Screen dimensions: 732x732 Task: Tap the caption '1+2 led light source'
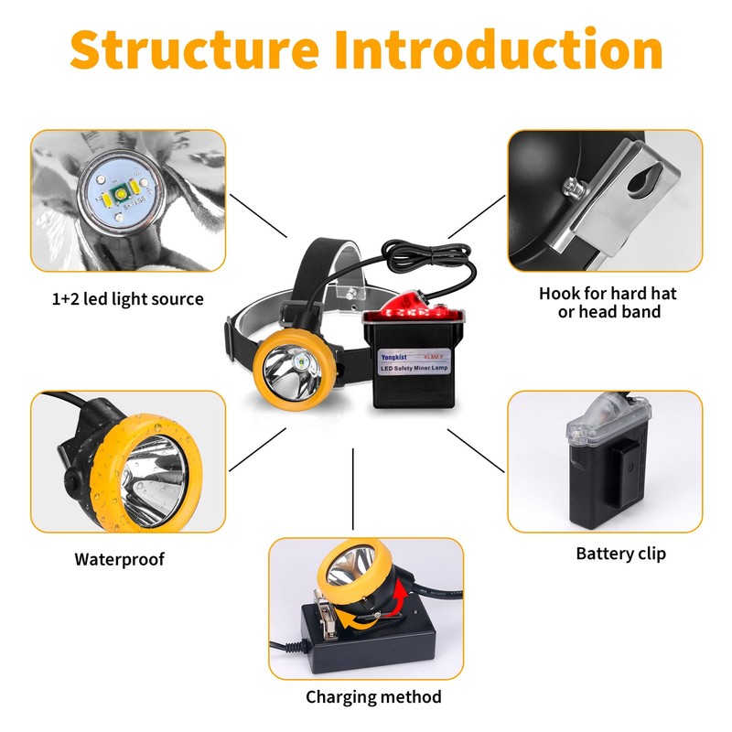click(x=127, y=299)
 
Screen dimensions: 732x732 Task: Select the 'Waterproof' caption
click(x=120, y=559)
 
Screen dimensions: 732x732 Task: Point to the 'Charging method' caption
click(x=373, y=697)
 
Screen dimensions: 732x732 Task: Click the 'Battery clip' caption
click(x=620, y=554)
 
